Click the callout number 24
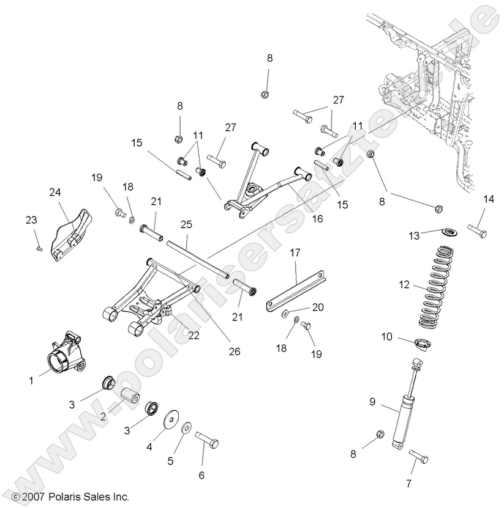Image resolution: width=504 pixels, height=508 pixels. click(x=56, y=192)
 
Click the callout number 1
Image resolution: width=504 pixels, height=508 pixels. click(x=31, y=380)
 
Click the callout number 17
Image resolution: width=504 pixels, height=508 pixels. click(x=295, y=252)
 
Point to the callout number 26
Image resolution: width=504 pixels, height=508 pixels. click(x=235, y=351)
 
